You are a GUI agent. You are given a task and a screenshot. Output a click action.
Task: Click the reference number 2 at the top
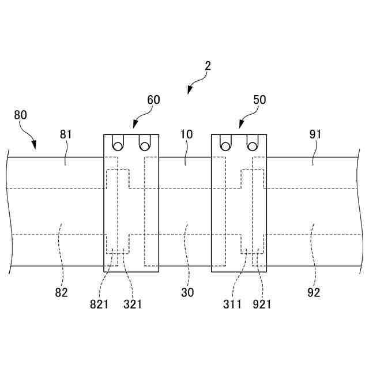pyautogui.click(x=208, y=66)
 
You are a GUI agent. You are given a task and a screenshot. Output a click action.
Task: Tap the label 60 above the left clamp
pyautogui.click(x=153, y=100)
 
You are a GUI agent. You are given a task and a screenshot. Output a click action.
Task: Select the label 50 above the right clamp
pyautogui.click(x=259, y=99)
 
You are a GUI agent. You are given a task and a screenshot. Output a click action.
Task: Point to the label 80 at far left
pyautogui.click(x=20, y=115)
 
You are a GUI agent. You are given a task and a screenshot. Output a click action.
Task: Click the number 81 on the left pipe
pyautogui.click(x=66, y=134)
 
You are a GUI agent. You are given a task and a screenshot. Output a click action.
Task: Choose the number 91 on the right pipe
pyautogui.click(x=315, y=134)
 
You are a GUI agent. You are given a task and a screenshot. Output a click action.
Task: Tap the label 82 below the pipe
pyautogui.click(x=62, y=292)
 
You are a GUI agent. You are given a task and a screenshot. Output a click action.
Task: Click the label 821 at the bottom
pyautogui.click(x=99, y=304)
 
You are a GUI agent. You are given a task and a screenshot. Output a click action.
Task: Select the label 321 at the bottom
pyautogui.click(x=133, y=304)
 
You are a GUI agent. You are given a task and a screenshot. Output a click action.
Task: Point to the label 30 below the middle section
pyautogui.click(x=187, y=292)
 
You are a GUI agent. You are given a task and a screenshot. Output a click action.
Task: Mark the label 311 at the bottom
pyautogui.click(x=232, y=304)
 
